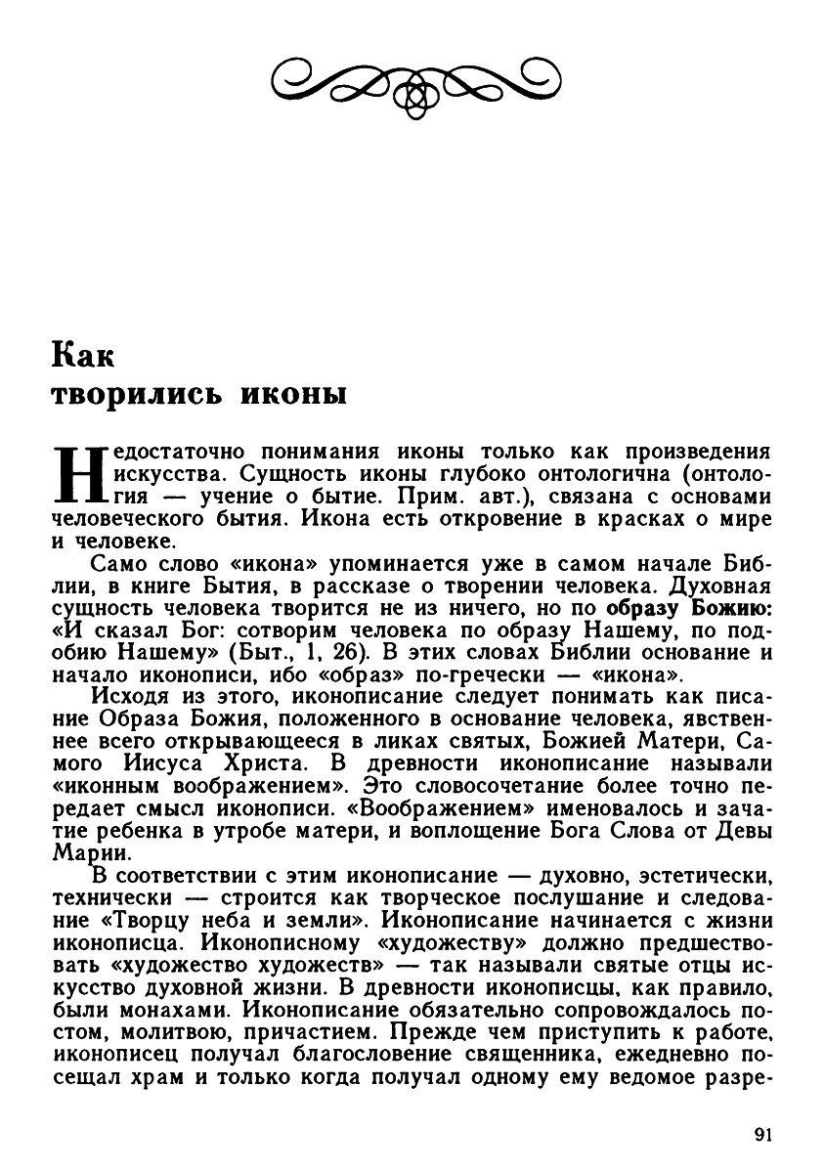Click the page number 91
763,1135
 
